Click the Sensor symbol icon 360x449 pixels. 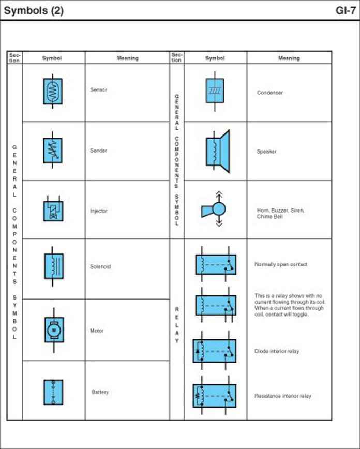click(53, 92)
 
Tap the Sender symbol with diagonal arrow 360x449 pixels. click(53, 151)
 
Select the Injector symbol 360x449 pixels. click(53, 210)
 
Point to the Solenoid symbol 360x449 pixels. click(53, 266)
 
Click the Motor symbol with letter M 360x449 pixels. click(53, 330)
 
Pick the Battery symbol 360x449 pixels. click(53, 392)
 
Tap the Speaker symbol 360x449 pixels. click(217, 151)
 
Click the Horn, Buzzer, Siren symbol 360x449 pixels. click(215, 209)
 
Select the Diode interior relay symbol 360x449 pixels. click(215, 351)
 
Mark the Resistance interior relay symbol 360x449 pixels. click(215, 396)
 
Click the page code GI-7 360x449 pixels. click(345, 10)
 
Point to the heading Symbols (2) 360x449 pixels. click(34, 10)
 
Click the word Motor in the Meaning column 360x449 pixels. click(97, 331)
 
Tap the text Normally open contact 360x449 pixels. click(281, 264)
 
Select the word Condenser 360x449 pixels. click(270, 93)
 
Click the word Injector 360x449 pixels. click(99, 211)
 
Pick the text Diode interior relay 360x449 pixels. click(277, 351)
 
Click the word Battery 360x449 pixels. click(100, 392)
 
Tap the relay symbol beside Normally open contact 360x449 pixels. click(215, 264)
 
